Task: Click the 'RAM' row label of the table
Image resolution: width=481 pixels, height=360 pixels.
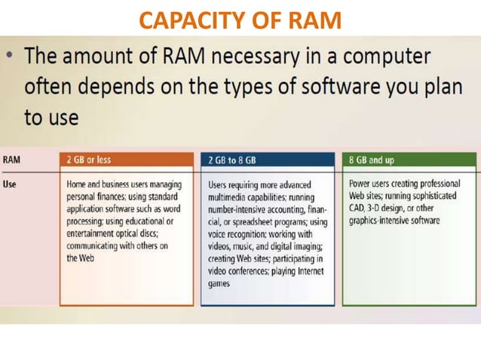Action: [12, 160]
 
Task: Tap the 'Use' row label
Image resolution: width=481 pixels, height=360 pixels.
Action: [11, 183]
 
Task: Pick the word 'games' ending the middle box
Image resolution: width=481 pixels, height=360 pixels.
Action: [219, 284]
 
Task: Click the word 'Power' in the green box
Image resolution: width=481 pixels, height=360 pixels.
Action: [361, 184]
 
